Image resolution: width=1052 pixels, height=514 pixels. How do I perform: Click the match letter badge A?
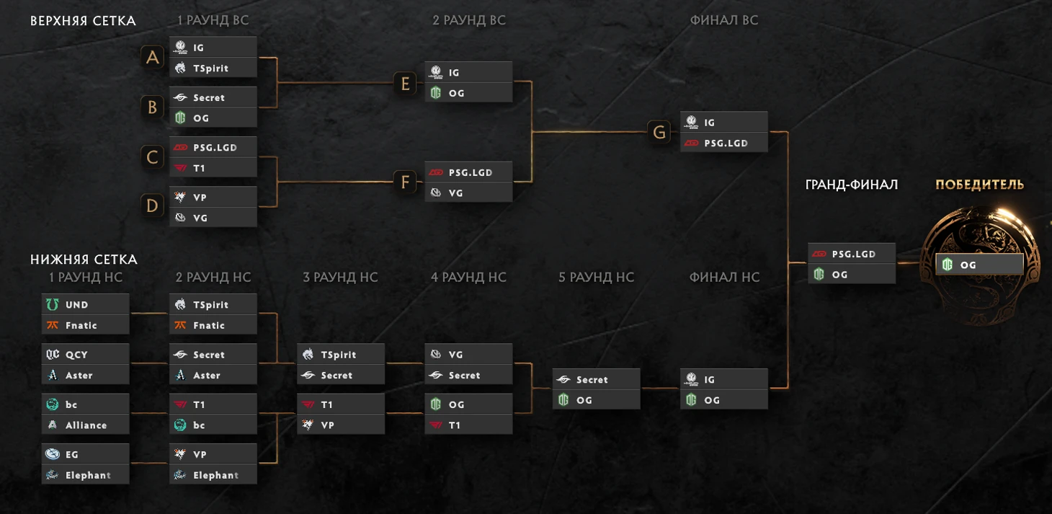tap(153, 58)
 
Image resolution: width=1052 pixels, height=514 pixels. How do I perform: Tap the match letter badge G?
tap(660, 133)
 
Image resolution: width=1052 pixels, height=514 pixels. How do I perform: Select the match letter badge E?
tap(405, 84)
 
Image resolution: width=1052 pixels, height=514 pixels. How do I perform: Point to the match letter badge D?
tap(153, 207)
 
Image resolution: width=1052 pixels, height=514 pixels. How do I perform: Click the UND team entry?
tap(85, 305)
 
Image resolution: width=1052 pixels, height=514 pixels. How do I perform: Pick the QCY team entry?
tap(85, 355)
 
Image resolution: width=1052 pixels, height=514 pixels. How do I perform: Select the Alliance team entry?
tap(85, 425)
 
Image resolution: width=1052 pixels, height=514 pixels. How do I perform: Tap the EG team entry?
tap(85, 455)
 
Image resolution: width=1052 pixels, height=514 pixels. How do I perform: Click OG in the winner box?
tap(979, 265)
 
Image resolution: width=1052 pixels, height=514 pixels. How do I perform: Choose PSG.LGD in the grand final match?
tap(851, 254)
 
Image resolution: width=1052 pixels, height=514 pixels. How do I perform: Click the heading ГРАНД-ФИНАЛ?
tap(851, 185)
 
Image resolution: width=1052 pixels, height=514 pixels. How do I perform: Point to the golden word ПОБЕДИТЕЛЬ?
tap(979, 185)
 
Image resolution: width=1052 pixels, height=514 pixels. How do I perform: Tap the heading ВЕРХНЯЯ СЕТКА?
tap(83, 22)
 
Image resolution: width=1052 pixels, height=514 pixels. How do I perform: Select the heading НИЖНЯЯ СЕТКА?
tap(84, 260)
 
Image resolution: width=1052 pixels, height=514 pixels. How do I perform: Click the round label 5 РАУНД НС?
tap(596, 278)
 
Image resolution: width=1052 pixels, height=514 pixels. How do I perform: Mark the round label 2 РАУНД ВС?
tap(468, 21)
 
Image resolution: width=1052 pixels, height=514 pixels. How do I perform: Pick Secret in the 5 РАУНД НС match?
tap(596, 380)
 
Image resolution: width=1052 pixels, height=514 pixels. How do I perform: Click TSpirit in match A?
tap(213, 68)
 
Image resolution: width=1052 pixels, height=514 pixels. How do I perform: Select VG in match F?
tap(468, 193)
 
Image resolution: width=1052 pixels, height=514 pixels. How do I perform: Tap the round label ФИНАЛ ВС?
tap(724, 21)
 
